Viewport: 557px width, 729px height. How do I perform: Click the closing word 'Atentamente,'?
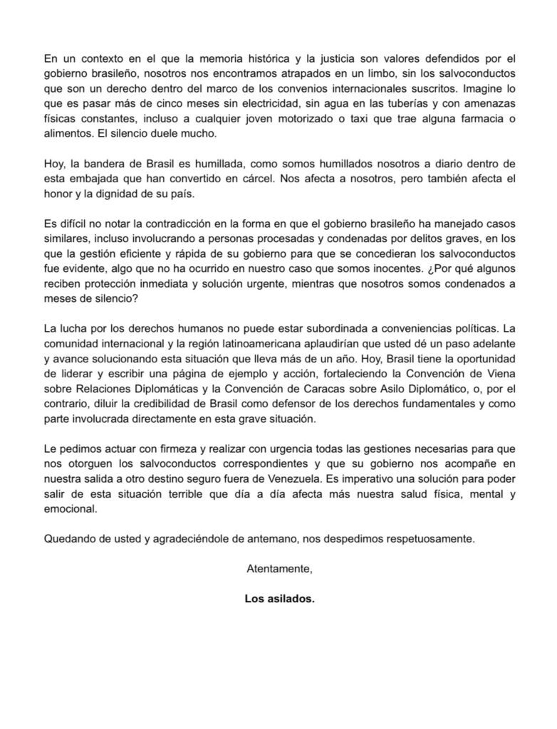[278, 569]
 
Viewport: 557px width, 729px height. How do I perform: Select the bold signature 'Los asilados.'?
[278, 599]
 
